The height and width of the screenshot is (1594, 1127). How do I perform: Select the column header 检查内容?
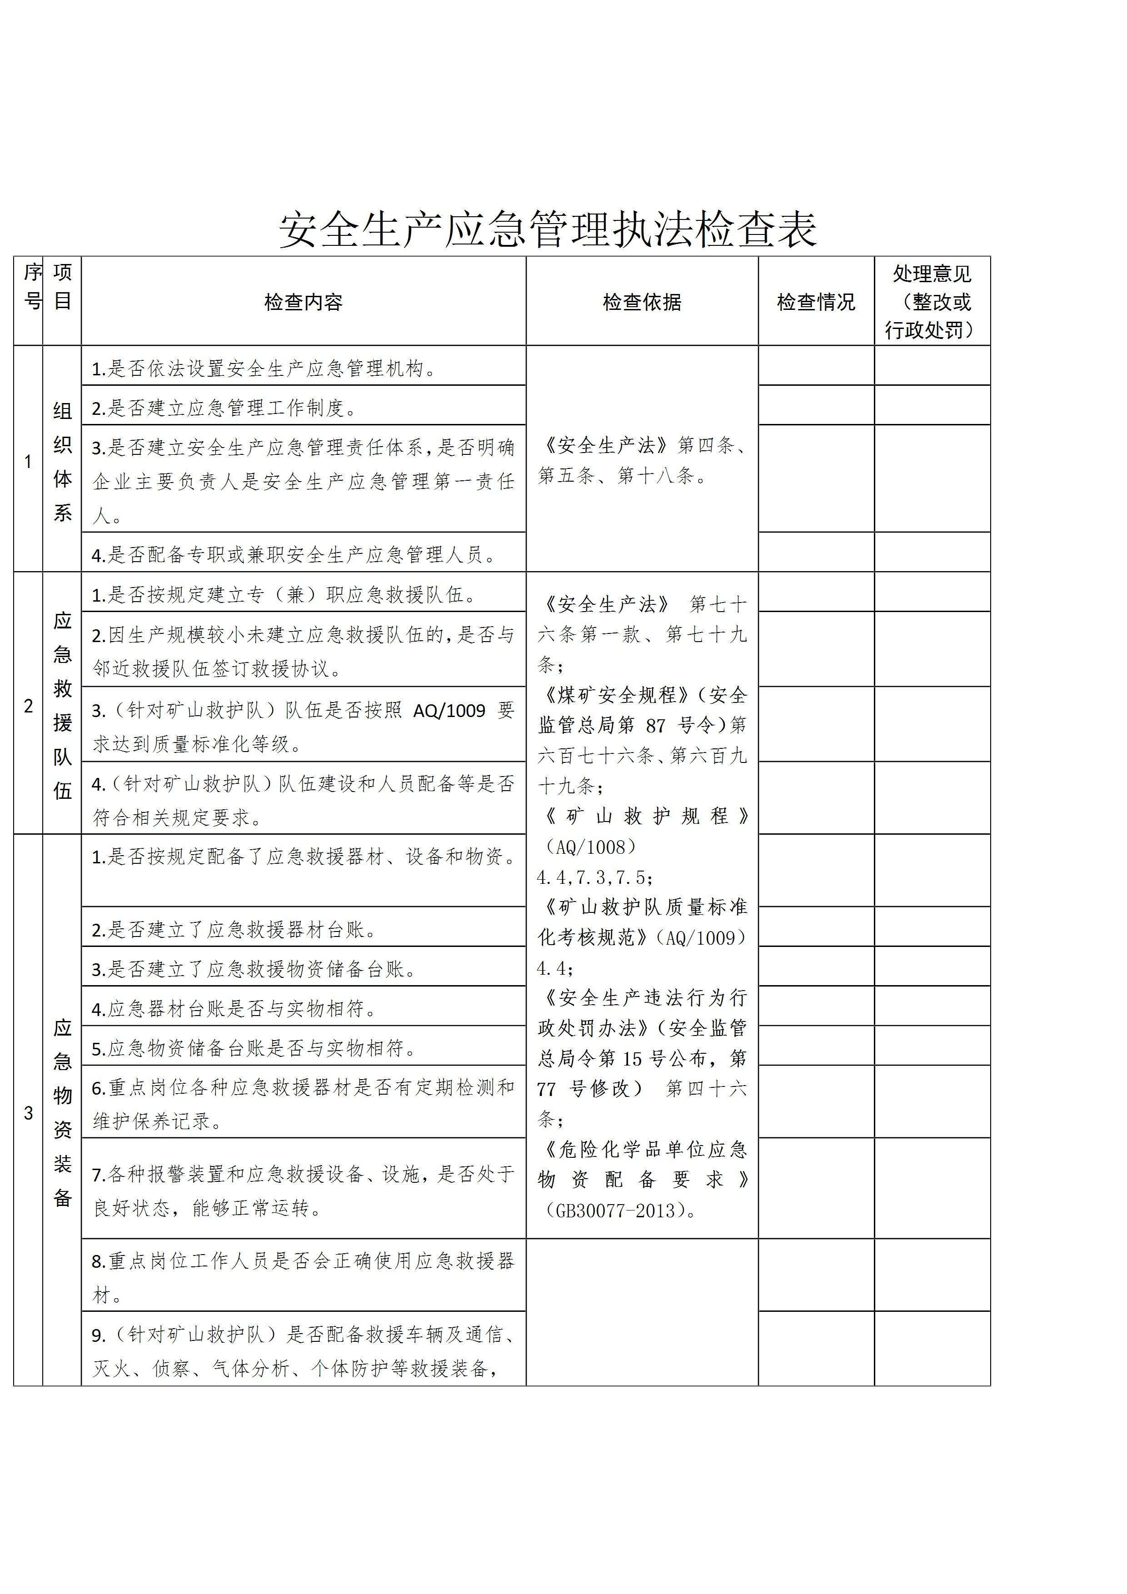coord(304,302)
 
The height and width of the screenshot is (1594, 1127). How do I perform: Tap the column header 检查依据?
coord(642,302)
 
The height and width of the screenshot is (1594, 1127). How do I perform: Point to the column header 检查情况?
coord(815,302)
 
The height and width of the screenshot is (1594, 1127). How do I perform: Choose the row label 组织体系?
coord(63,462)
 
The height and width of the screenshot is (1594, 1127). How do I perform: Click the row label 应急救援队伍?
coord(63,705)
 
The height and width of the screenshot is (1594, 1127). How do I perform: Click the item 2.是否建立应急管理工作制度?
coord(224,408)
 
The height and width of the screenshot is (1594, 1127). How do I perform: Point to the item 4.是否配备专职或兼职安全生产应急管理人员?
coord(294,555)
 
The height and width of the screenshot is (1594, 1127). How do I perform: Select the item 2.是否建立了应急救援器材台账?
coord(234,930)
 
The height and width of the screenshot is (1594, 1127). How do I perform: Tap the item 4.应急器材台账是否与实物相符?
coord(234,1009)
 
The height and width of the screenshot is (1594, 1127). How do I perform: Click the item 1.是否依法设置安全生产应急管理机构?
coord(264,369)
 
